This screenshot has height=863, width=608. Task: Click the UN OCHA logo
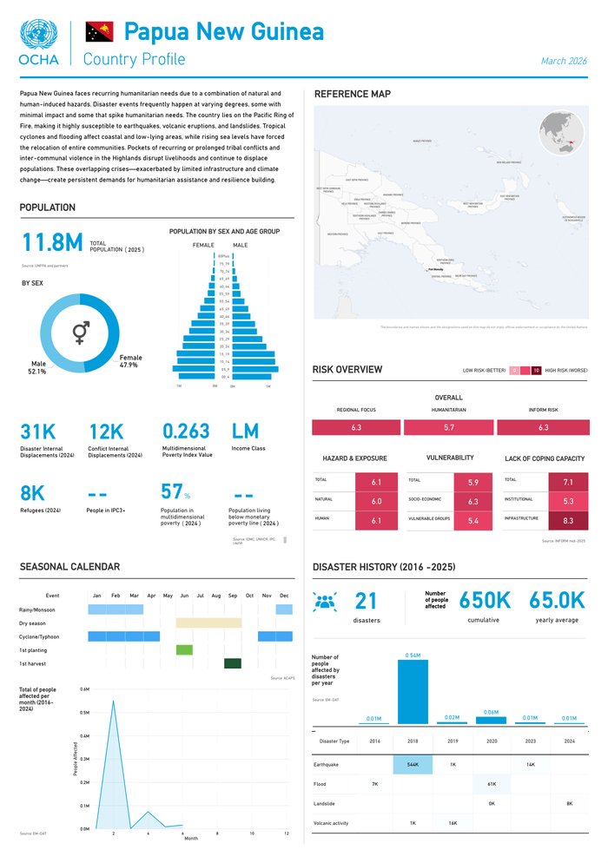click(38, 43)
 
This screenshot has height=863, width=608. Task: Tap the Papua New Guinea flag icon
click(99, 33)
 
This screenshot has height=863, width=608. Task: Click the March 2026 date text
click(564, 61)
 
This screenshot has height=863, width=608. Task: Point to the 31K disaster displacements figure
click(37, 431)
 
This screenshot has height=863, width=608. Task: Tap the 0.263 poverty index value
click(186, 431)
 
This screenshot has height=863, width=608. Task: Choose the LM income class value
click(245, 431)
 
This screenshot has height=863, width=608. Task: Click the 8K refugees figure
click(32, 493)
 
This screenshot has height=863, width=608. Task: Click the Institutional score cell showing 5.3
click(568, 501)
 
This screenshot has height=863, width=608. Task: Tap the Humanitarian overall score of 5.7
click(448, 428)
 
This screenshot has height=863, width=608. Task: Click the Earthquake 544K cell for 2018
click(413, 765)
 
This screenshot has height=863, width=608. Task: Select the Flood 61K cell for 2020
click(491, 784)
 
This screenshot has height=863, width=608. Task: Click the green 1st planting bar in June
click(184, 649)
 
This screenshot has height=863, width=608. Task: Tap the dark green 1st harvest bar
click(232, 664)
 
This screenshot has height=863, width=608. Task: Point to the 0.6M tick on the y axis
click(84, 689)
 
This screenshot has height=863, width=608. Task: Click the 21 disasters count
click(367, 600)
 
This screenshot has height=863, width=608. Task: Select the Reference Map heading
click(352, 94)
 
